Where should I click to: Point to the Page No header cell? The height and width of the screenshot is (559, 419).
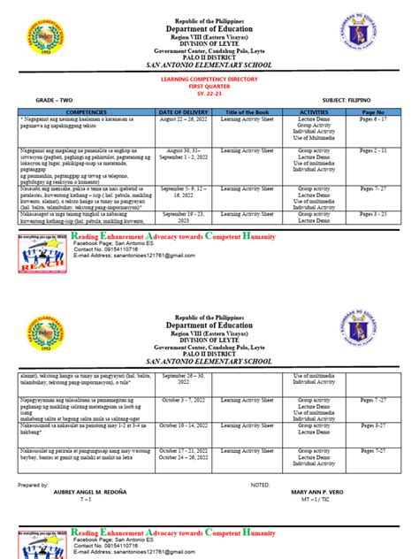tap(374, 113)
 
